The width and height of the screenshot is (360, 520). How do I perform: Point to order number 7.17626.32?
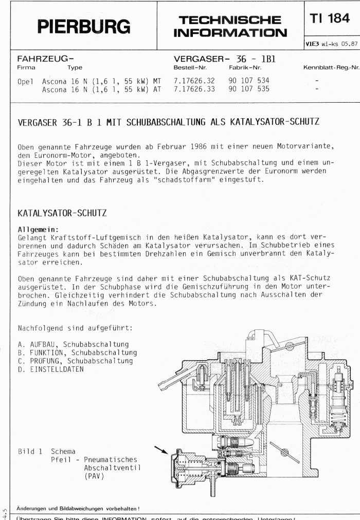coord(195,81)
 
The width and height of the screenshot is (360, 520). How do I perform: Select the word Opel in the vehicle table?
coord(25,81)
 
